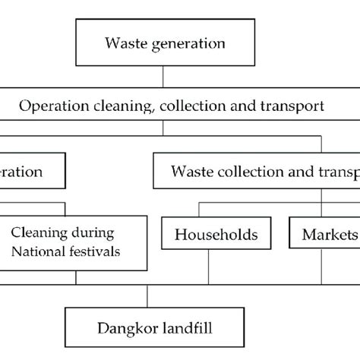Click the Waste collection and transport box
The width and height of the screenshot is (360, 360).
click(x=258, y=172)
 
